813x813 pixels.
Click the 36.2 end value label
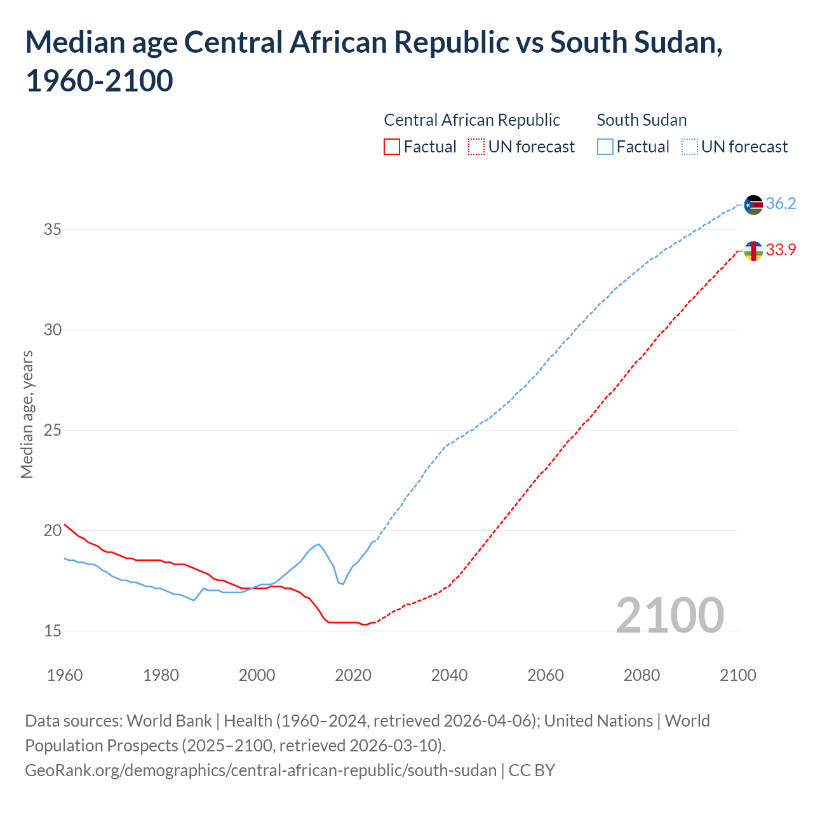click(x=781, y=203)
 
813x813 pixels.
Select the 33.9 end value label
click(x=781, y=250)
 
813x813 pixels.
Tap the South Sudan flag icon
click(x=753, y=205)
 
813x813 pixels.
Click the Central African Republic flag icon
click(x=753, y=251)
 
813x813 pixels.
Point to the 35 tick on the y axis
click(x=52, y=229)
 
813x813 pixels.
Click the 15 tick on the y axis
click(x=52, y=631)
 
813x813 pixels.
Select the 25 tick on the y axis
click(x=52, y=430)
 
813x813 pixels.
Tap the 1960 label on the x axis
click(x=65, y=675)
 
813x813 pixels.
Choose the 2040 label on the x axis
click(x=449, y=675)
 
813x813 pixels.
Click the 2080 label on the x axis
click(x=642, y=675)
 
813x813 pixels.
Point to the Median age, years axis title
click(x=27, y=414)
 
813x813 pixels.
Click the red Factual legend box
click(x=392, y=147)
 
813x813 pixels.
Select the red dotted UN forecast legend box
click(x=476, y=147)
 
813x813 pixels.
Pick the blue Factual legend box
click(x=605, y=147)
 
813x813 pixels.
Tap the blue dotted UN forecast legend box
click(x=690, y=147)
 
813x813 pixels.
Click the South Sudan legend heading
click(x=642, y=120)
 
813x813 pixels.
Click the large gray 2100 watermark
click(x=669, y=615)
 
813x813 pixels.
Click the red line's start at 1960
click(x=65, y=525)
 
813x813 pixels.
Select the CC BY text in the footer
click(x=532, y=770)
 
